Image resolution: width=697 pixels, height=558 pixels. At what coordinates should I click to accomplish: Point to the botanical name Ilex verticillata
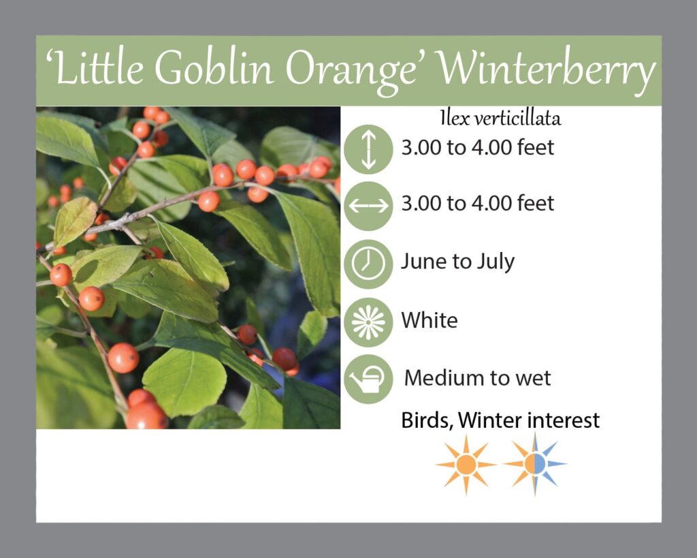[500, 119]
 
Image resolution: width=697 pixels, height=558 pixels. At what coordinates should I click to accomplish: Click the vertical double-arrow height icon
[368, 149]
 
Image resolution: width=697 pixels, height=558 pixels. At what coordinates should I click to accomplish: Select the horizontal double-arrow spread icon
[368, 206]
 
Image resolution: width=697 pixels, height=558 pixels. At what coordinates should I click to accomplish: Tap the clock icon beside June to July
[368, 264]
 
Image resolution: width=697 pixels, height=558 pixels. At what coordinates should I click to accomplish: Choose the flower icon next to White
[368, 322]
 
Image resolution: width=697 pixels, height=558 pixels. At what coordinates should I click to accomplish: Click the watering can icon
[368, 379]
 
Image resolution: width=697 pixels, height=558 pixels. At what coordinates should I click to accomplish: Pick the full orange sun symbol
[466, 464]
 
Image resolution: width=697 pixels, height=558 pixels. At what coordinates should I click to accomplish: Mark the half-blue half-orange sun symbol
[535, 464]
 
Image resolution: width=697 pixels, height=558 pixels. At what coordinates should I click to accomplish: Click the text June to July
[458, 262]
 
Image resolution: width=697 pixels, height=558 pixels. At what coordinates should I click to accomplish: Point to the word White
[429, 320]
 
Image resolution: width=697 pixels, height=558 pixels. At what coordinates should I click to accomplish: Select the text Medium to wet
[477, 378]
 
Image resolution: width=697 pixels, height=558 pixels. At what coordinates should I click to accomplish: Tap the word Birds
[427, 421]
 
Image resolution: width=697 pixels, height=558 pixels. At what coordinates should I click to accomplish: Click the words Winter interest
[529, 420]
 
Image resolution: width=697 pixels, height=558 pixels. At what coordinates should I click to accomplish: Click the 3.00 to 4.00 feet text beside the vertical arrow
[478, 147]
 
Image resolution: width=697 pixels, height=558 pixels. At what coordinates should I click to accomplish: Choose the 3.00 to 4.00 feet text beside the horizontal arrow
[478, 203]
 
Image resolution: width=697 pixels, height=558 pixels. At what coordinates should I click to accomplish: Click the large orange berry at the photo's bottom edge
[146, 416]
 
